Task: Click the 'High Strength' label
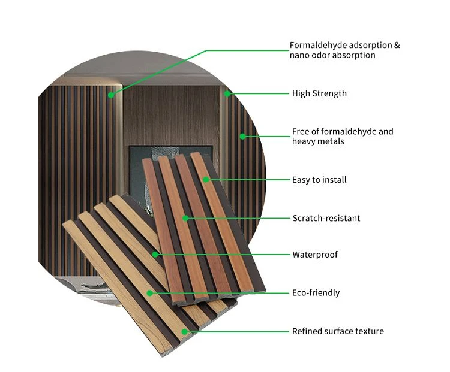[319, 93]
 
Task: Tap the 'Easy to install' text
[319, 180]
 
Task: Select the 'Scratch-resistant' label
[326, 219]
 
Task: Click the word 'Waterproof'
[315, 255]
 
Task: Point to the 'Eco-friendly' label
[316, 293]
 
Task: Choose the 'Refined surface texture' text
[338, 331]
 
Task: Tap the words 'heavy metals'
[318, 141]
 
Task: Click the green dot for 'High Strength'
[227, 93]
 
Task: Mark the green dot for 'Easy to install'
[206, 180]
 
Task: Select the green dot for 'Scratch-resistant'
[185, 219]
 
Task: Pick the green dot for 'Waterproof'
[155, 255]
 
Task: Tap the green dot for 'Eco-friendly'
[149, 293]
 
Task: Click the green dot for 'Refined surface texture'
[185, 332]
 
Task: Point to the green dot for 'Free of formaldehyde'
[242, 137]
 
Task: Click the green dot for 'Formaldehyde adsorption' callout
[111, 95]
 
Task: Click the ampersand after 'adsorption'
[397, 46]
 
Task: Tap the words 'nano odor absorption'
[332, 55]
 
